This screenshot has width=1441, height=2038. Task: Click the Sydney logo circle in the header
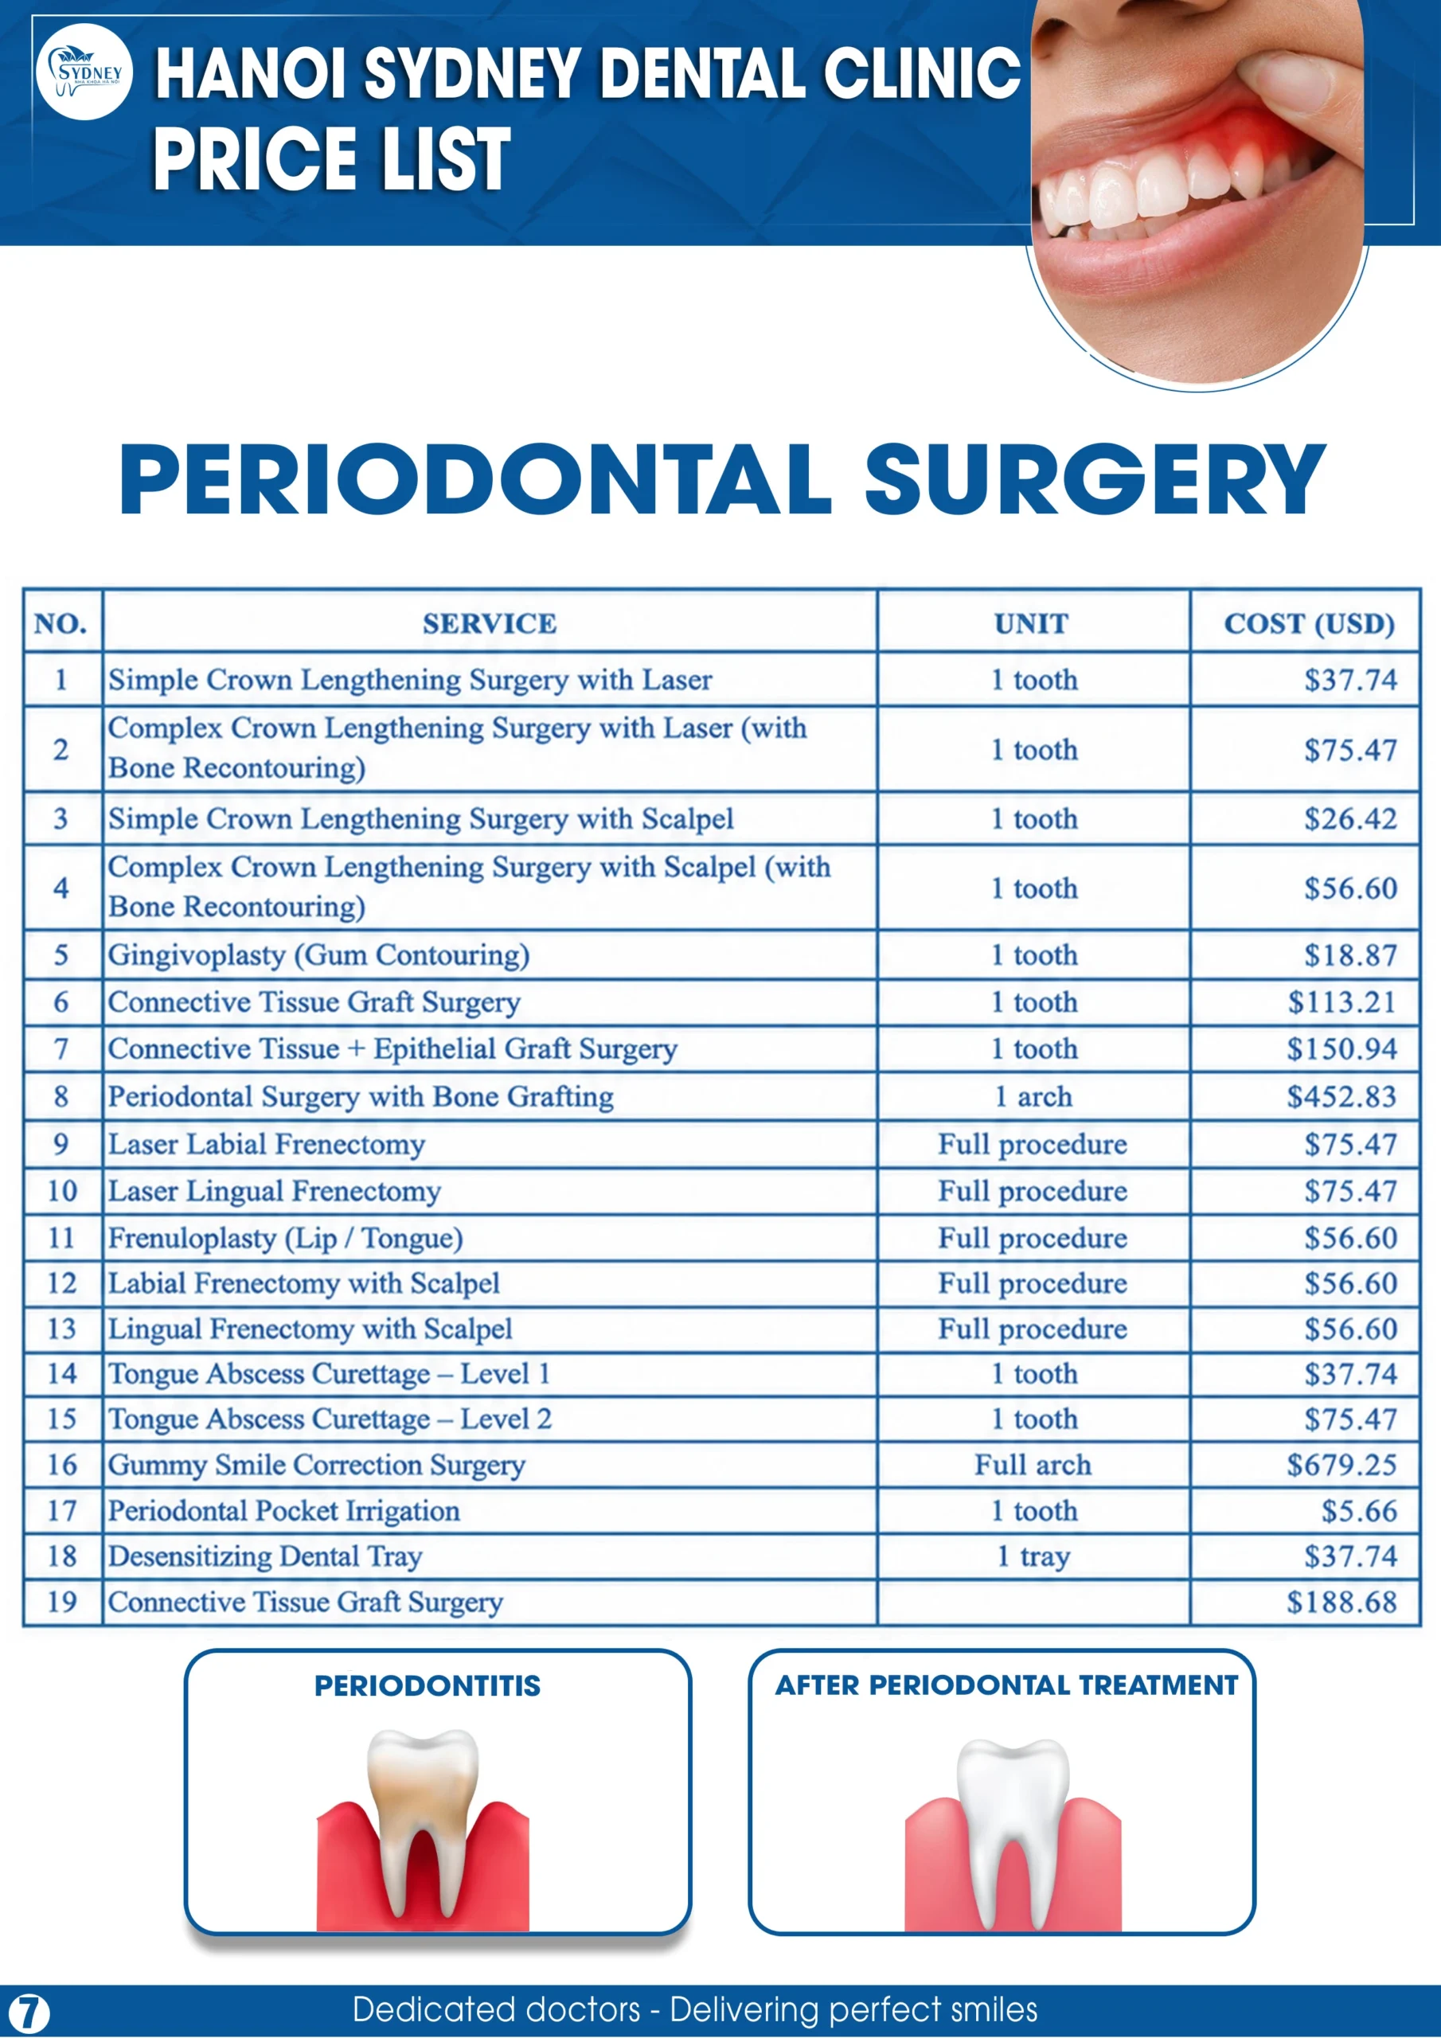click(x=84, y=72)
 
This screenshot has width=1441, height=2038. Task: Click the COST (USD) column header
click(x=1309, y=624)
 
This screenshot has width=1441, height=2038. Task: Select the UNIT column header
click(x=1031, y=624)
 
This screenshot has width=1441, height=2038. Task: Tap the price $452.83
click(x=1341, y=1097)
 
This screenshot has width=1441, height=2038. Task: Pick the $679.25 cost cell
click(x=1341, y=1465)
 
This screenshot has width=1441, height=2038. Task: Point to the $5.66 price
click(x=1358, y=1511)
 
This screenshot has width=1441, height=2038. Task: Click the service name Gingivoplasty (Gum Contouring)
click(x=318, y=956)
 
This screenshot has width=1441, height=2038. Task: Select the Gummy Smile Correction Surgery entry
click(x=317, y=1466)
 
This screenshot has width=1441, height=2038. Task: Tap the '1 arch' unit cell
click(x=1033, y=1097)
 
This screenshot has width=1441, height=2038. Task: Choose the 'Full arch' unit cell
click(x=1033, y=1465)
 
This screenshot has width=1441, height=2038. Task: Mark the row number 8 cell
click(x=61, y=1097)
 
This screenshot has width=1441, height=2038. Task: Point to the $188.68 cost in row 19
click(x=1341, y=1603)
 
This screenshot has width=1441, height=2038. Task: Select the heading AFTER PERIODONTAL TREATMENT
click(x=1006, y=1685)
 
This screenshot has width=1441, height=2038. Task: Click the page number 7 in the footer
click(x=29, y=2013)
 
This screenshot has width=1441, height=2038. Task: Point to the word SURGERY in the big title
click(x=1095, y=479)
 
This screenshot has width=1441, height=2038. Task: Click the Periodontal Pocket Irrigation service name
click(x=284, y=1512)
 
